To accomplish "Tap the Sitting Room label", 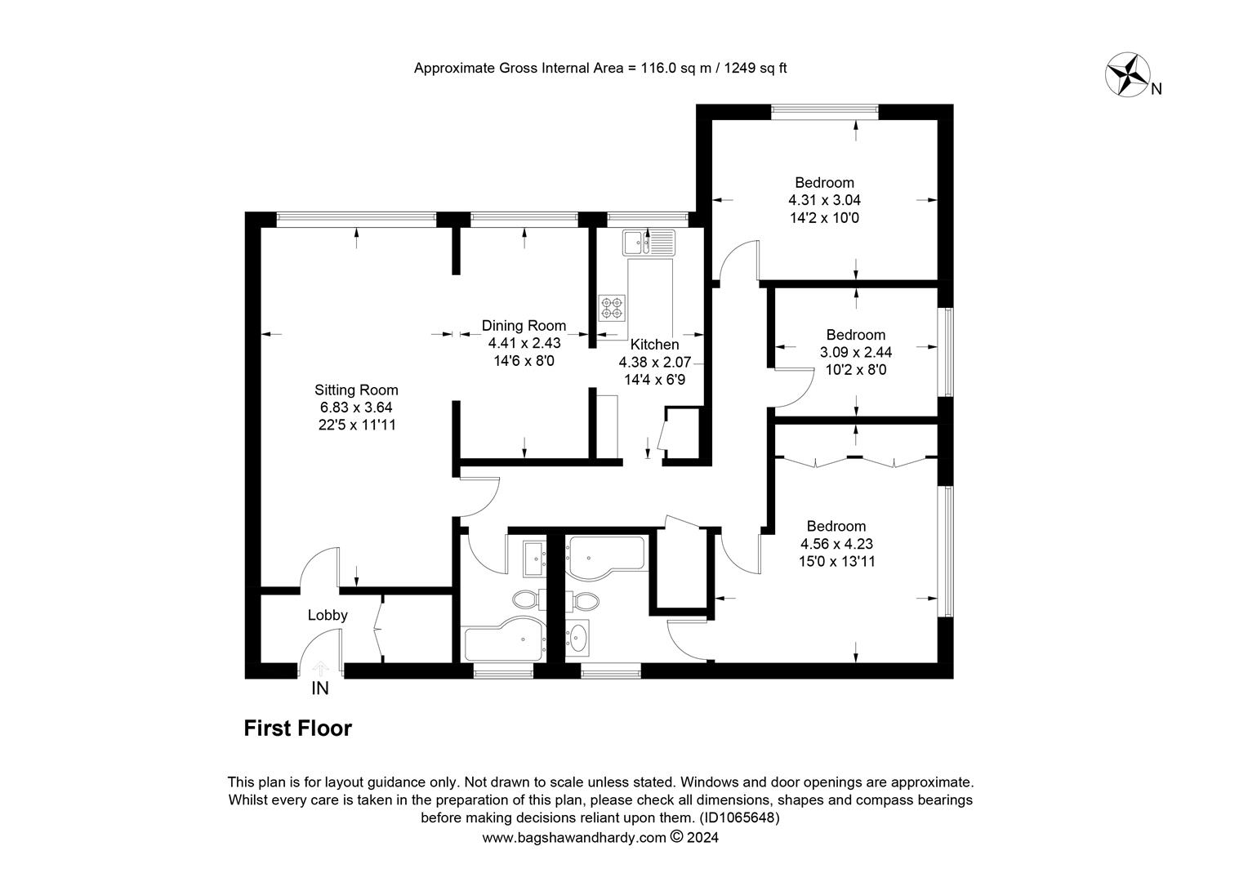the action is (356, 390).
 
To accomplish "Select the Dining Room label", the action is (524, 325).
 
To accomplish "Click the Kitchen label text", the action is (655, 345).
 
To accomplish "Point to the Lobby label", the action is (328, 615).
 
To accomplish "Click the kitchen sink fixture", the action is (649, 243).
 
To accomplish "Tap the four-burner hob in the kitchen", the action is (612, 308).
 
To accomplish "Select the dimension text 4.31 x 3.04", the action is (825, 200).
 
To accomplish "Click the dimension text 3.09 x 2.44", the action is (856, 352).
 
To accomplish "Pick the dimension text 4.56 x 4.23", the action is (837, 543).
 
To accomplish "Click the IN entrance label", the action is (320, 688).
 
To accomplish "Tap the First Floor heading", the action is (298, 728).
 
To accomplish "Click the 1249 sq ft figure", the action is (755, 68).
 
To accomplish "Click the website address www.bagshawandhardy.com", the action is (574, 837).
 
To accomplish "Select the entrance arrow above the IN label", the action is (320, 668).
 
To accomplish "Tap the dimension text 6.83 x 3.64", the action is (356, 408).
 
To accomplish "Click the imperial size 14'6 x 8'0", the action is (524, 361).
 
